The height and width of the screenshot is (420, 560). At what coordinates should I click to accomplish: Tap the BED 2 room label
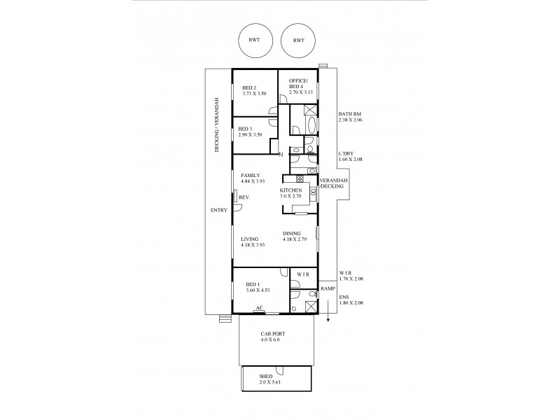[240, 87]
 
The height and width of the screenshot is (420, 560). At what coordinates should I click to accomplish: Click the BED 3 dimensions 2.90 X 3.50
[250, 134]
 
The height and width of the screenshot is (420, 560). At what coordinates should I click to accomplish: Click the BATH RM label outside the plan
[350, 114]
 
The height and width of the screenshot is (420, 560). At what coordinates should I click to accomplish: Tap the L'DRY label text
[346, 153]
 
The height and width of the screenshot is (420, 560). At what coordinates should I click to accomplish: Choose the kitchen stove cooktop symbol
[288, 180]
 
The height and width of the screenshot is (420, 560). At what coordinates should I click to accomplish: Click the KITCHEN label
[290, 190]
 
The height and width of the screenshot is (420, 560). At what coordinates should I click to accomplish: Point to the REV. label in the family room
[244, 198]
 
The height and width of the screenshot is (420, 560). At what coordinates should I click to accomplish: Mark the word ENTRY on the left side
[218, 209]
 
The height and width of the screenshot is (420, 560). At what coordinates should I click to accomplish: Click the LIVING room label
[249, 239]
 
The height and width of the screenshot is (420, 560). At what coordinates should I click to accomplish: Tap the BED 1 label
[253, 283]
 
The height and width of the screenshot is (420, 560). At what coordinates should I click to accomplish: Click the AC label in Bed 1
[259, 307]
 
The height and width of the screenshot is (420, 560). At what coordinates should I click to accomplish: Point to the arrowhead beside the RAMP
[328, 321]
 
